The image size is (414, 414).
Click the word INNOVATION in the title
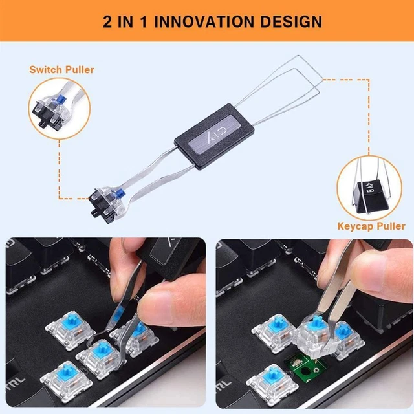[x=212, y=21]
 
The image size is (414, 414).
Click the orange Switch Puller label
[x=61, y=69]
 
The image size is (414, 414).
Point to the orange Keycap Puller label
[x=371, y=226]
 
